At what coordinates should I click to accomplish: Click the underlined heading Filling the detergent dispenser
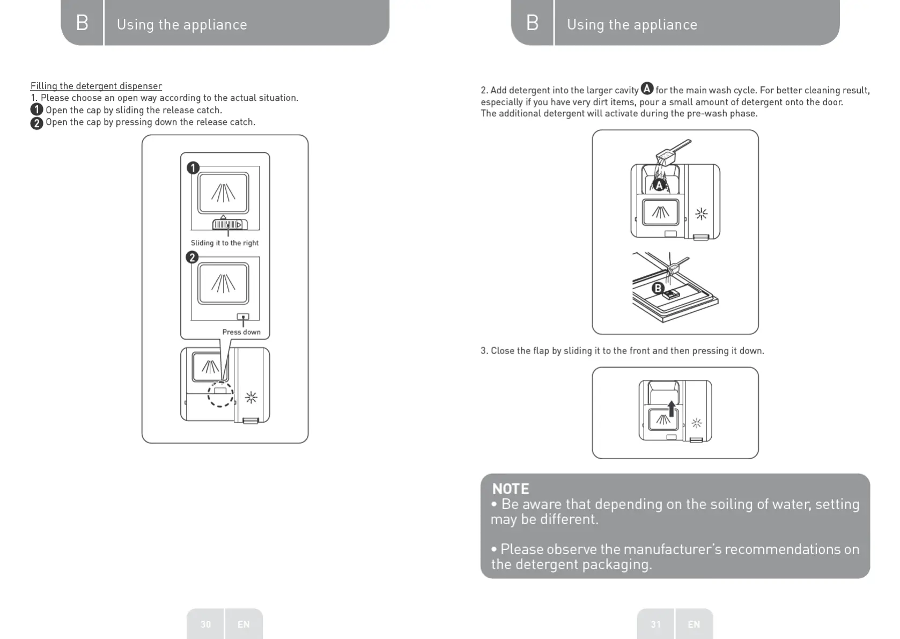pos(96,86)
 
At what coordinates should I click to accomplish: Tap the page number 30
pos(205,624)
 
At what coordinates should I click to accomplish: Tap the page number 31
pos(655,624)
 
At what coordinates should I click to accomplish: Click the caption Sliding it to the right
pos(225,243)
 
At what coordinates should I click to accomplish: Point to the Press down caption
pos(241,332)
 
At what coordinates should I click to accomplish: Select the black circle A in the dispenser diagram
pos(659,185)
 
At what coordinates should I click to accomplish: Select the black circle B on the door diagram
pos(658,288)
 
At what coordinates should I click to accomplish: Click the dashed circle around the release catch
pos(220,394)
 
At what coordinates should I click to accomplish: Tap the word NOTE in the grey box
pos(511,489)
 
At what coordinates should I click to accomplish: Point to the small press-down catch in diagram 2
pos(243,317)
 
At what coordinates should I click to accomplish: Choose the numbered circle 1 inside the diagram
pos(193,168)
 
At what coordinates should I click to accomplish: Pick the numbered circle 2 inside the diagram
pos(192,258)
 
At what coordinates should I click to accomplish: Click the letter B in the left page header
pos(82,23)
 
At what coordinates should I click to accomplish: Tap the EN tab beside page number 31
pos(694,624)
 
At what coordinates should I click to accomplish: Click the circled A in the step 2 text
pos(647,89)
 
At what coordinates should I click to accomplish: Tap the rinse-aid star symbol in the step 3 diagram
pos(697,423)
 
